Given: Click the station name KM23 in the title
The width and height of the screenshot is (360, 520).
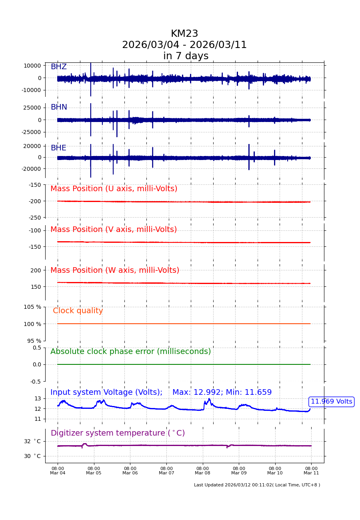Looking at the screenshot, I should [184, 34].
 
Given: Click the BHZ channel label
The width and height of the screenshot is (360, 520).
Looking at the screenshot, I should [58, 67].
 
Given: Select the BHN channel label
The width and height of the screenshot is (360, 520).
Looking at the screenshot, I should [59, 107].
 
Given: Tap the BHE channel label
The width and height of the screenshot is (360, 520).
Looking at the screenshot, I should [58, 148].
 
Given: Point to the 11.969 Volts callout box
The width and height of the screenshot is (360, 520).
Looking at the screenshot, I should [331, 402].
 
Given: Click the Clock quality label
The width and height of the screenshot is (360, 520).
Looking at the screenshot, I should [78, 311].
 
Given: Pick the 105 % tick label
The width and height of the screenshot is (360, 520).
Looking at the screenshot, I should [32, 307].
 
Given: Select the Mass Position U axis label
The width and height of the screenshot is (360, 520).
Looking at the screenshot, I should [114, 189].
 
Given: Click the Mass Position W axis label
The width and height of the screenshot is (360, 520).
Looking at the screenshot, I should [115, 270].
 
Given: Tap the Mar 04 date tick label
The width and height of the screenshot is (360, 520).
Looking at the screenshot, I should [58, 471].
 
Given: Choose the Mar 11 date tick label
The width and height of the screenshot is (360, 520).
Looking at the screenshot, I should [311, 471].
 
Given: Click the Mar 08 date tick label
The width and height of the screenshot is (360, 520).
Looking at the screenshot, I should [202, 471].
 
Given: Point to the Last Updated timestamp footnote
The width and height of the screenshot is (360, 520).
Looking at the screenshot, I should [257, 485].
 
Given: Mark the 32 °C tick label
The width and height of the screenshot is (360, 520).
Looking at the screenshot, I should [32, 441].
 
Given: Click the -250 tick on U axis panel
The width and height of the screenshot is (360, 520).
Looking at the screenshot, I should [34, 218].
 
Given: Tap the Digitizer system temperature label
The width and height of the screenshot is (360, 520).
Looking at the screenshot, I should [118, 433].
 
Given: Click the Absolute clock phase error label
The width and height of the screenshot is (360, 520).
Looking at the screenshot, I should [130, 352].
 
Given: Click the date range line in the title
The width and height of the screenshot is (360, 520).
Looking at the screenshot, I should [184, 45].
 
